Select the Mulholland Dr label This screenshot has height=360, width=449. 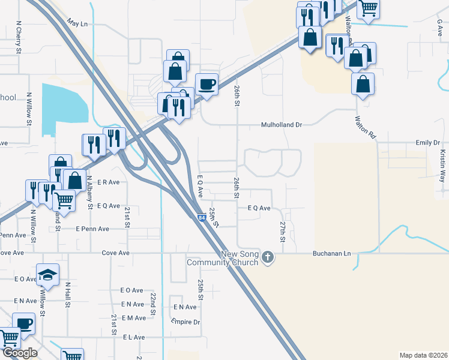pyautogui.click(x=280, y=125)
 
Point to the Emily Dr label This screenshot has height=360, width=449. pyautogui.click(x=427, y=143)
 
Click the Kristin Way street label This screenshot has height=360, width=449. pyautogui.click(x=443, y=162)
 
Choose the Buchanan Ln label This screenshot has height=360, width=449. pyautogui.click(x=331, y=253)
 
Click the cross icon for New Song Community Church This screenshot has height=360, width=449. pyautogui.click(x=268, y=257)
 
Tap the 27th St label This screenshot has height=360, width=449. pyautogui.click(x=282, y=228)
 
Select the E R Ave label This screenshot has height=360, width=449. pyautogui.click(x=108, y=182)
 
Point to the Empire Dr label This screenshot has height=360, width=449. pyautogui.click(x=185, y=322)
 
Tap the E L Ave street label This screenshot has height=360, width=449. pyautogui.click(x=134, y=337)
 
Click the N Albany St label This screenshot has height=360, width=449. pyautogui.click(x=91, y=192)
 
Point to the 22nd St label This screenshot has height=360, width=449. pyautogui.click(x=153, y=304)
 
